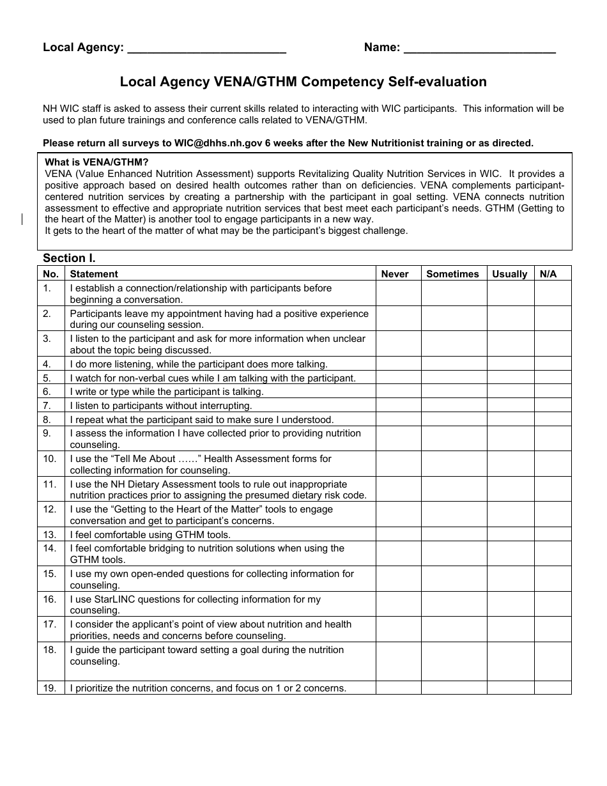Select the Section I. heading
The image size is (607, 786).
(x=69, y=258)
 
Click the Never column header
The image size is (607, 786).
(x=395, y=274)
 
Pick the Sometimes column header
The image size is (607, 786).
(x=452, y=274)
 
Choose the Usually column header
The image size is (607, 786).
(x=509, y=274)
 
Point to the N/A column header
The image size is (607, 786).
(x=548, y=274)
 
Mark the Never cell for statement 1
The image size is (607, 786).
(x=397, y=293)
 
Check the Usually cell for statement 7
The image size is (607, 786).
(x=510, y=406)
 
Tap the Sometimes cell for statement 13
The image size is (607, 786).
(x=453, y=535)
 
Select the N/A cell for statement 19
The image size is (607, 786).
(x=552, y=688)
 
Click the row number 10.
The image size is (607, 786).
(x=50, y=459)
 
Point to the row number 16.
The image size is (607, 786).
(x=50, y=599)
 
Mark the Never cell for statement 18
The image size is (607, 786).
(x=397, y=661)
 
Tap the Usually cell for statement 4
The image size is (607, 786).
(x=510, y=364)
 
